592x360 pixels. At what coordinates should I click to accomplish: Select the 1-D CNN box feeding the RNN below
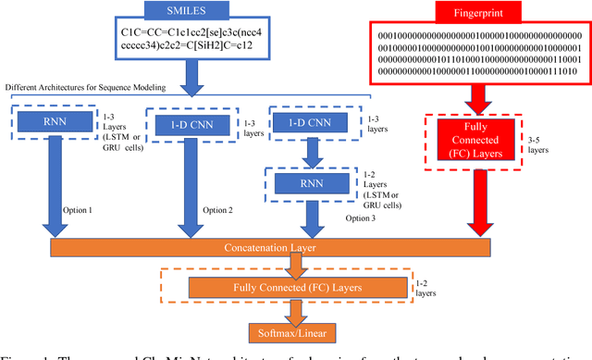pyautogui.click(x=302, y=123)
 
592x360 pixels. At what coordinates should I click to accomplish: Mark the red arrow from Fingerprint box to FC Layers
pyautogui.click(x=473, y=97)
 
